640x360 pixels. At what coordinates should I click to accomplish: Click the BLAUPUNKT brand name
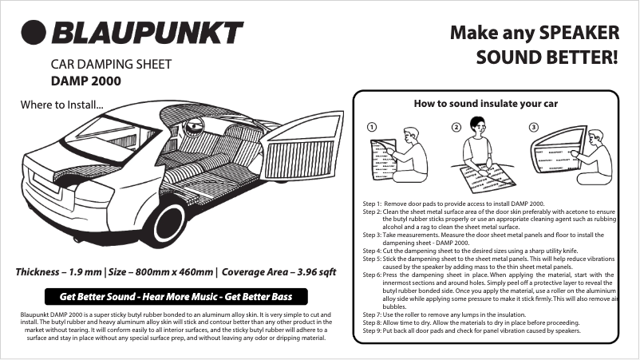[148, 33]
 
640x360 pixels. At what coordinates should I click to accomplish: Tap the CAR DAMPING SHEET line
[111, 64]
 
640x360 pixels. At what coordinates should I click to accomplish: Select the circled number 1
[372, 128]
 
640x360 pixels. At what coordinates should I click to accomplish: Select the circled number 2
[456, 128]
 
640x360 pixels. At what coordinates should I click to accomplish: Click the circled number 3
[533, 128]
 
